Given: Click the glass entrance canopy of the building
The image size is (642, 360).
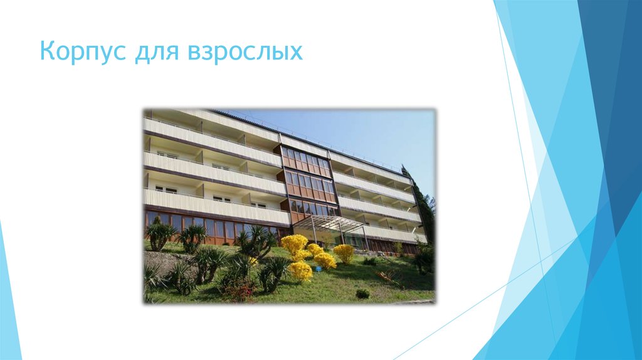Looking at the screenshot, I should coord(329,223).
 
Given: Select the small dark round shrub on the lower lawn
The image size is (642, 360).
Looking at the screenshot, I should coord(362,293).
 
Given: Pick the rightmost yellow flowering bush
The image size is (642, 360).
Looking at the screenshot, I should coord(344,253).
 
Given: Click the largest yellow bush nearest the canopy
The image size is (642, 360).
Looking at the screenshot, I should coord(294,243).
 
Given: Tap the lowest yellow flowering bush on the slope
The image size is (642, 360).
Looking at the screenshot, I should coord(300,270).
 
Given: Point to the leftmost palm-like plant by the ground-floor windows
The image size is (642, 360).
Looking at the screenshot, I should coord(160,235).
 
